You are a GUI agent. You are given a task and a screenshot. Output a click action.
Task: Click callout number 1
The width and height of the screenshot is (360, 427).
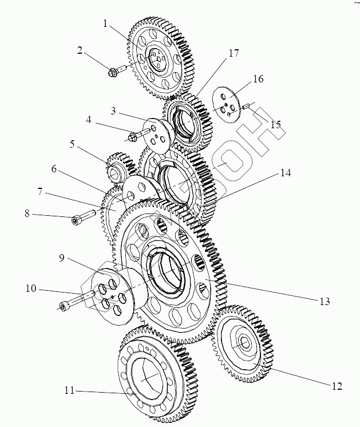click(105, 24)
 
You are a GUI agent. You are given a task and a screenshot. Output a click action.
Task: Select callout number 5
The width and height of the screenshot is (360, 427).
click(73, 144)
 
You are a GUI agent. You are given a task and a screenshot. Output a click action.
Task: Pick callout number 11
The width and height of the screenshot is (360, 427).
click(70, 391)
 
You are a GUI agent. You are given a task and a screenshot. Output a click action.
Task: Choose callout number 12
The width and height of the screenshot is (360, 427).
click(337, 386)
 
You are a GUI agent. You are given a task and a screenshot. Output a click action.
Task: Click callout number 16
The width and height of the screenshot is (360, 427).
click(258, 78)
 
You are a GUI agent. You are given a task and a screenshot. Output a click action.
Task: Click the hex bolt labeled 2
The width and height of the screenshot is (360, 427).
click(113, 72)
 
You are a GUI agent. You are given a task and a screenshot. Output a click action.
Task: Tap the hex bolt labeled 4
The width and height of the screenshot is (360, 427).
click(134, 136)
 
